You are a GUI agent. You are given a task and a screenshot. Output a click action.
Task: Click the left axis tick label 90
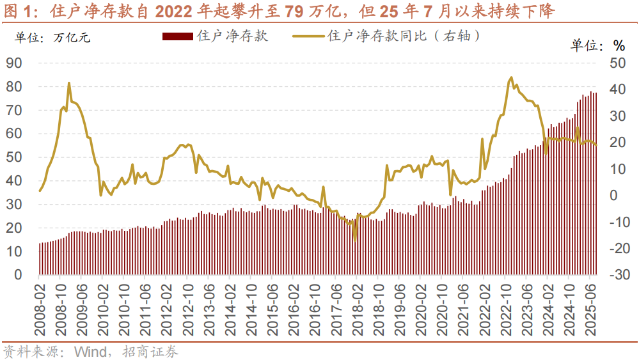click(14, 63)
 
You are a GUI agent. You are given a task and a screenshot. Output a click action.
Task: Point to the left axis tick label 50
click(14, 157)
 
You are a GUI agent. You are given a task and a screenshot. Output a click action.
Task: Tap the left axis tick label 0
click(19, 275)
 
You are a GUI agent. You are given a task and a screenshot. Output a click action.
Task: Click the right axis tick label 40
click(618, 90)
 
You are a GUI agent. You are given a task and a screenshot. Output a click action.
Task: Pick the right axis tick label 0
click(613, 196)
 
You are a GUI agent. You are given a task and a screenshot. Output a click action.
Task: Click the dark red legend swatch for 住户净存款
click(178, 36)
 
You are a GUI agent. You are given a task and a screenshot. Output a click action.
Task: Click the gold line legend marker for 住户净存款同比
click(309, 36)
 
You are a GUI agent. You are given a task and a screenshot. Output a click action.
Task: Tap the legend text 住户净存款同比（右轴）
click(403, 36)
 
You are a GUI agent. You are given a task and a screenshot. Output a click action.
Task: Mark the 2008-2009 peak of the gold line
click(68, 83)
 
